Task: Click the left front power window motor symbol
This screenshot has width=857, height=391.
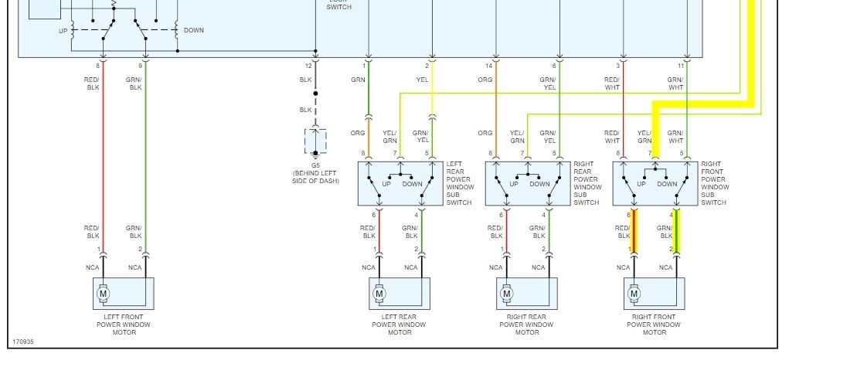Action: tap(103, 293)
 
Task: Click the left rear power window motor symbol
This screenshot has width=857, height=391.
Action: tap(379, 293)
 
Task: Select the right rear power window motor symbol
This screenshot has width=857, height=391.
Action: tap(506, 293)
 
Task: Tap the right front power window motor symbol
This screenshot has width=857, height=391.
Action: tap(634, 293)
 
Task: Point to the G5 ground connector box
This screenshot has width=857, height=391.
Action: tap(315, 141)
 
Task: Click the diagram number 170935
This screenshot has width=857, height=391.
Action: tap(23, 342)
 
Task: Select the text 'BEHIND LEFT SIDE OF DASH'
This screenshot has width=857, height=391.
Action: tap(316, 177)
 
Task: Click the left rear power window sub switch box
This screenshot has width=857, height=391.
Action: tap(399, 184)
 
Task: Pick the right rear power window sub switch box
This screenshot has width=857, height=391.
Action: tap(526, 184)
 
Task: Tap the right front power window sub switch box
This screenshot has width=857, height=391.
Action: tap(654, 184)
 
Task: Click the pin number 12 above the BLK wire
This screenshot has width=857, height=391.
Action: tap(308, 66)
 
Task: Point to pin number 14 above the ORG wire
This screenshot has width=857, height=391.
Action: tap(489, 66)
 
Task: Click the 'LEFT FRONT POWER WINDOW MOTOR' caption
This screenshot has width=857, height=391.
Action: tap(124, 325)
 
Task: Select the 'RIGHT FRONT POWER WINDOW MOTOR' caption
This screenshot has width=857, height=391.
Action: tap(654, 325)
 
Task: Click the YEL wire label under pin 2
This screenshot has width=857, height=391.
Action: tap(423, 80)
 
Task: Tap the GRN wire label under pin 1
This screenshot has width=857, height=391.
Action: tap(358, 80)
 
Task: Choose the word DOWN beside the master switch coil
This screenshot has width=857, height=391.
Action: tap(194, 30)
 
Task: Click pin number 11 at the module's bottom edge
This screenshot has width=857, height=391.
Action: tap(681, 66)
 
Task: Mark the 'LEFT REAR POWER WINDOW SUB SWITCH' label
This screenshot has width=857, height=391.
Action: tap(459, 183)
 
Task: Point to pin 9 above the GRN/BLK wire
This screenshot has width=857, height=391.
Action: tap(140, 66)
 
